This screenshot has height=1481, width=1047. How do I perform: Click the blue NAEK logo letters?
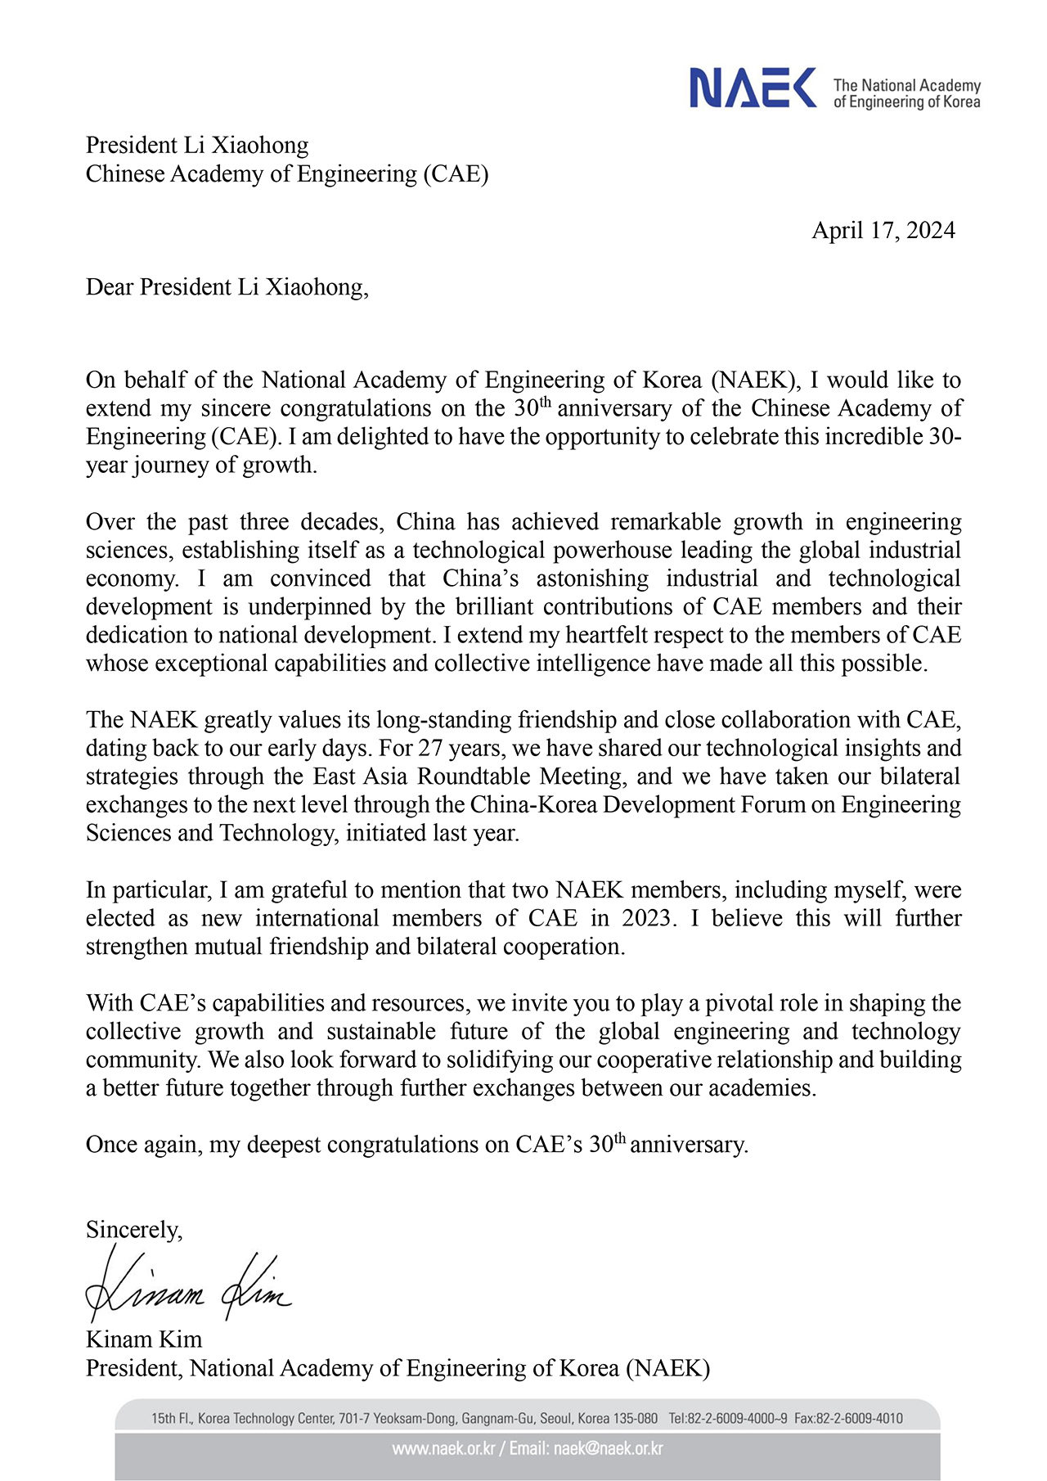click(x=753, y=88)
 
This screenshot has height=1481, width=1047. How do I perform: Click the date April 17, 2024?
click(x=883, y=231)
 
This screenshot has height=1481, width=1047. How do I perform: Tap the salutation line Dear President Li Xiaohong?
click(x=227, y=287)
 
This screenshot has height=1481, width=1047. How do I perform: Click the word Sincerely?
click(x=133, y=1230)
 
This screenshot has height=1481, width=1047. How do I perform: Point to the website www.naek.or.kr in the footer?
click(x=443, y=1449)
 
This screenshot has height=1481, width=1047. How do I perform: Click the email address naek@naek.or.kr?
click(x=608, y=1449)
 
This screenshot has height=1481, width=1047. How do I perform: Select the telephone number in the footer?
click(x=728, y=1418)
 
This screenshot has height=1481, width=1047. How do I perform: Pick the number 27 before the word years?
click(x=432, y=749)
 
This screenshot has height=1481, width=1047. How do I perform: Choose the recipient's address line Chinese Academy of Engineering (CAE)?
click(x=287, y=174)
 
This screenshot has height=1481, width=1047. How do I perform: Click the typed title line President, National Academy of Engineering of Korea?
click(x=398, y=1368)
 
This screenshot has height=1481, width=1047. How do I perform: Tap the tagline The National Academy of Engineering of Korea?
click(x=906, y=93)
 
